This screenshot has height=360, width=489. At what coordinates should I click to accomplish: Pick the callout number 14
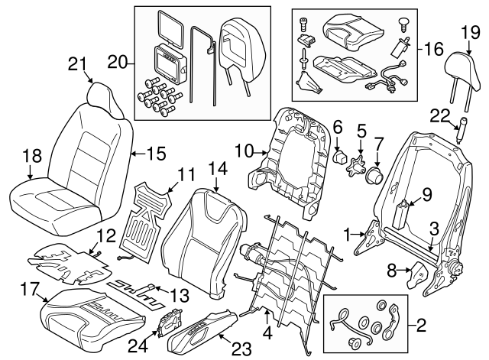click(x=217, y=167)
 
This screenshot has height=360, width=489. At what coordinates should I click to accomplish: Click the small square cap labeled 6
click(x=337, y=157)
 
